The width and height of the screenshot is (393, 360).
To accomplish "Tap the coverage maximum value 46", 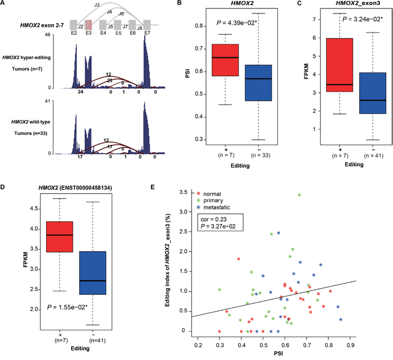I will pos(63,35).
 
